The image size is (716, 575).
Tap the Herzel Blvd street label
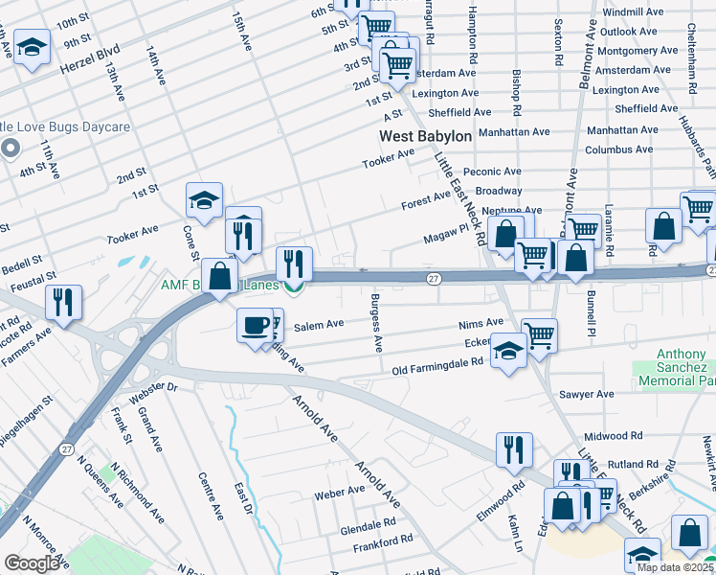pos(90,57)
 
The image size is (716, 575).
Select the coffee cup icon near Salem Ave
pos(254,325)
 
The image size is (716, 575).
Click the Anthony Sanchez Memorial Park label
pos(682,368)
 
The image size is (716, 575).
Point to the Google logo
pos(32,563)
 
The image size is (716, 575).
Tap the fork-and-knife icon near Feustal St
pos(64,303)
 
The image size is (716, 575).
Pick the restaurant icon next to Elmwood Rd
pos(513,448)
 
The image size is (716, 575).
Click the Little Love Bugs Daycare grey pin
pos(11,148)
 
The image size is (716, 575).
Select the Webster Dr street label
pos(160,386)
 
